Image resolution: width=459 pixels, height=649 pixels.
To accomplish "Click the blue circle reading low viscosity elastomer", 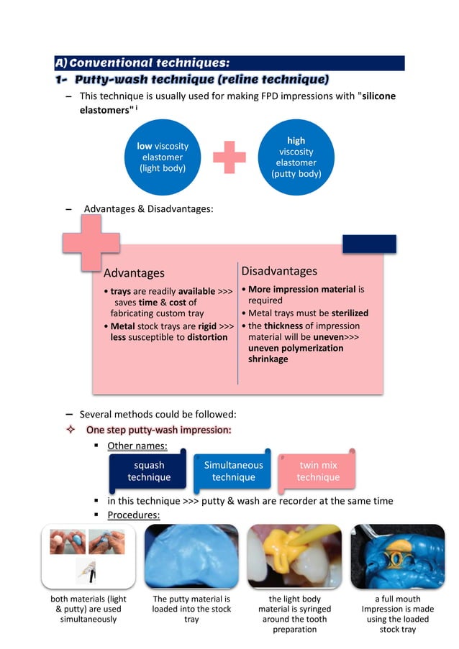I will pos(163,157).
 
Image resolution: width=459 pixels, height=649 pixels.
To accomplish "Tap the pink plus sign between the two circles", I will pos(229,157).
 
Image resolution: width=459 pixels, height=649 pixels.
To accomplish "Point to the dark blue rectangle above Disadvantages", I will pos(369,244).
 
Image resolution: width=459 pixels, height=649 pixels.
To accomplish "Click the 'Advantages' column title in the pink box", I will pos(134,273).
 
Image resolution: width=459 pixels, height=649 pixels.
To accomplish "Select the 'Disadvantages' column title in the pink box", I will pos(279,271).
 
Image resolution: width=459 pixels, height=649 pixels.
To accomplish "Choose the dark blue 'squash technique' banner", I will pos(149,471).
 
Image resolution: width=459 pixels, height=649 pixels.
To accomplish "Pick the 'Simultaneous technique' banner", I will pos(233,471).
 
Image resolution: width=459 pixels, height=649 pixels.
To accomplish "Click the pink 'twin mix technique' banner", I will pos(317,471).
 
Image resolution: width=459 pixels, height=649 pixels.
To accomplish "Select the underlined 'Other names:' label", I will pos(137,446).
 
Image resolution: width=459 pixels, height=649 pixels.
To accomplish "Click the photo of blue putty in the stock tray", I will pos(191,556).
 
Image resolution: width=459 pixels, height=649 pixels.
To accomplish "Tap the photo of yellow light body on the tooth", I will pos(294,556).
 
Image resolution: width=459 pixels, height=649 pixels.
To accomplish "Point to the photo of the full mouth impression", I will pos(397,556).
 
